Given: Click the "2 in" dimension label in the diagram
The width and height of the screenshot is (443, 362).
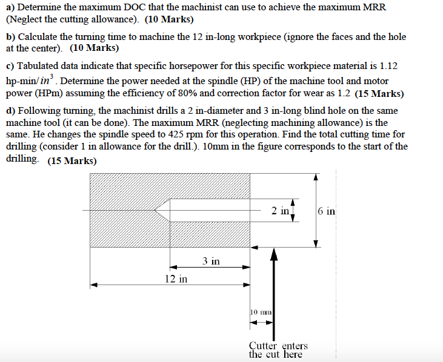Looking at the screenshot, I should pyautogui.click(x=280, y=210).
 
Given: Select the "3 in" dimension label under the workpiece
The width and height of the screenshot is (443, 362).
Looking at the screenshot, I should pyautogui.click(x=211, y=261).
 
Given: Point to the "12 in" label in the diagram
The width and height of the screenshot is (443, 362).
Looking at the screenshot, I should pyautogui.click(x=176, y=278).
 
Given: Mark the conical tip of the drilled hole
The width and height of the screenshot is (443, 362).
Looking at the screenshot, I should pyautogui.click(x=159, y=211).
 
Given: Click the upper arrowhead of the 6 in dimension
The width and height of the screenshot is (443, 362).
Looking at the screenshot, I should pyautogui.click(x=315, y=177).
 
